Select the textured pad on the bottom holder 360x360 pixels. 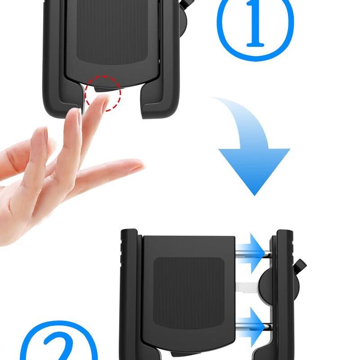(189, 292)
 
